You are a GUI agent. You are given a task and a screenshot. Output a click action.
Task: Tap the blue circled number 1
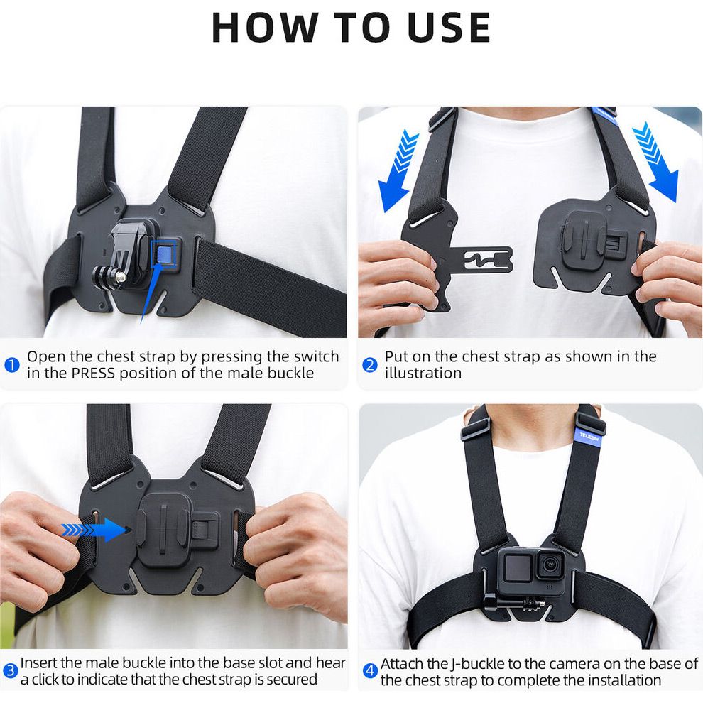11,365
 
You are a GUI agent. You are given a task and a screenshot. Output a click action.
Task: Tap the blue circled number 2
369,365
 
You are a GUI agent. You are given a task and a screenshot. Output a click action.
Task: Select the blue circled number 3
11,671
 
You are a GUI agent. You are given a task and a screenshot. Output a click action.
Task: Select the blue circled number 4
370,671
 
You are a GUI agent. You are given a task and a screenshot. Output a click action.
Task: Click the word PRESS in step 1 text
93,373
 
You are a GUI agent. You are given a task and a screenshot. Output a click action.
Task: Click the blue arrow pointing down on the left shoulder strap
397,170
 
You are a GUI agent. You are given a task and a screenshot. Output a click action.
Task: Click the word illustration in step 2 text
423,373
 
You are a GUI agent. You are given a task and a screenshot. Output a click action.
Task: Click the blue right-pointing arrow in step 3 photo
94,530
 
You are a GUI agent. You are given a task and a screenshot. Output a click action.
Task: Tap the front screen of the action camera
517,567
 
